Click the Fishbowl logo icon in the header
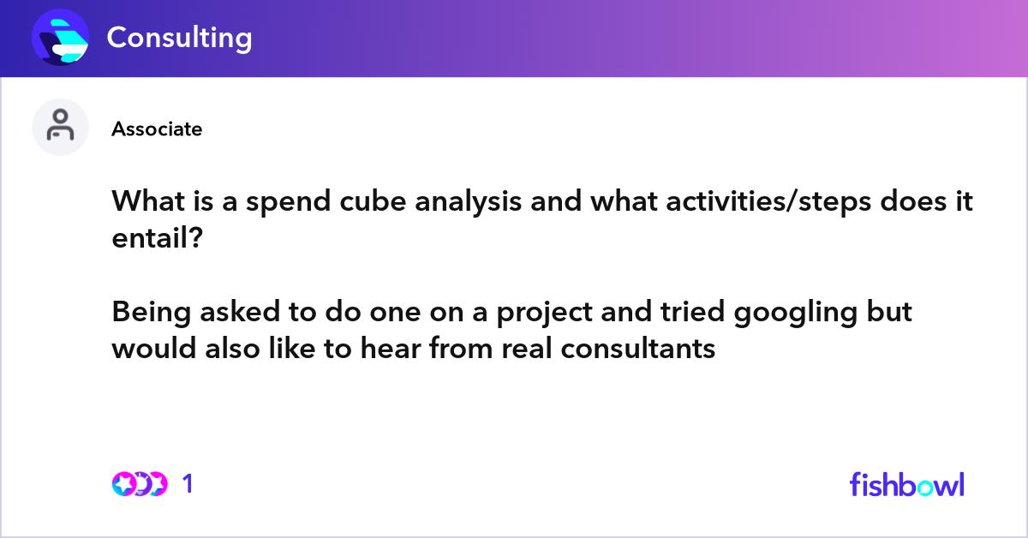pos(60,38)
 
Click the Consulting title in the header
pos(179,38)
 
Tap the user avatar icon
pos(60,127)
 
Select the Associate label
pos(157,129)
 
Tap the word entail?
pos(158,239)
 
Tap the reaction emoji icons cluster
pos(139,484)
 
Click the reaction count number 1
pos(188,484)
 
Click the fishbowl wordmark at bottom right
pos(906,484)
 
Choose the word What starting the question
pos(147,204)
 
